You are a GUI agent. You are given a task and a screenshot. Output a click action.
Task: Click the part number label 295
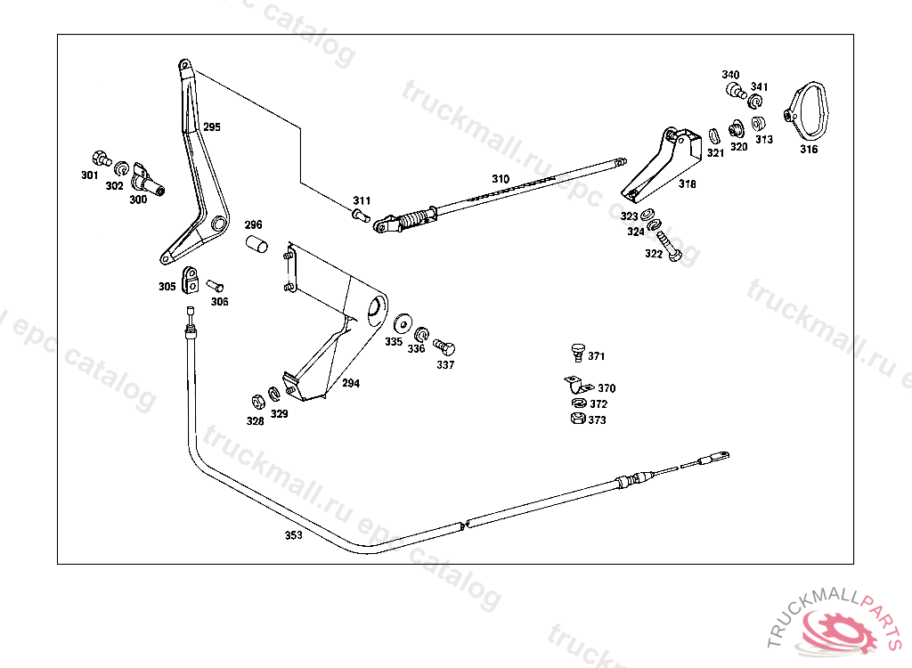click(211, 127)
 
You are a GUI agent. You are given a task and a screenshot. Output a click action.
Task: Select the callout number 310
click(501, 179)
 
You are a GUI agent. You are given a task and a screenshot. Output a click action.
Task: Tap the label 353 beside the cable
click(293, 535)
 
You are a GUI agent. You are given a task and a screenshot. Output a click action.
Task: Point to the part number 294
click(351, 384)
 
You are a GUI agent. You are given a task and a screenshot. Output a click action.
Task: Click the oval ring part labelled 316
click(811, 108)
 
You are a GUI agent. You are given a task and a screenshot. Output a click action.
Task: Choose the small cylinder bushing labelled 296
click(256, 244)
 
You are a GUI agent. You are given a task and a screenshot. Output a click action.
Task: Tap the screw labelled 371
click(577, 353)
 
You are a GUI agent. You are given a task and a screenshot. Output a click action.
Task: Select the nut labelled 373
click(576, 419)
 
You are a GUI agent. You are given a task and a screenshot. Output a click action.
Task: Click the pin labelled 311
click(361, 215)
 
